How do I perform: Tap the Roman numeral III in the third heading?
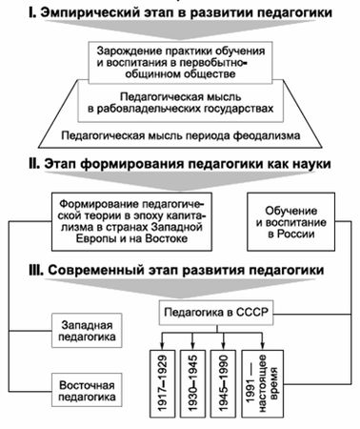point(43,271)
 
